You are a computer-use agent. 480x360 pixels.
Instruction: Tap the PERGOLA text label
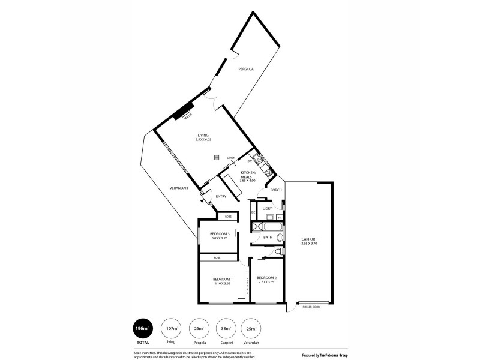point(245,69)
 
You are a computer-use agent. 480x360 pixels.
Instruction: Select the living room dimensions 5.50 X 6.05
point(203,140)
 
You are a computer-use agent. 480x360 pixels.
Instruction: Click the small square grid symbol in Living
point(215,158)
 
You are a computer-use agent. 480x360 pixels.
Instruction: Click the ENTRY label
point(221,197)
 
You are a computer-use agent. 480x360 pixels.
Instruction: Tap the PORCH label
point(276,190)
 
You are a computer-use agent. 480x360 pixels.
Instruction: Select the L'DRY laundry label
point(268,208)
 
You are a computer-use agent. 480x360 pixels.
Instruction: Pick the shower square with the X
point(256,227)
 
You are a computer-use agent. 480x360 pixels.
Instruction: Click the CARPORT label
point(309,239)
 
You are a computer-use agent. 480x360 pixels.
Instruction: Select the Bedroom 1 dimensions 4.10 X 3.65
point(223,283)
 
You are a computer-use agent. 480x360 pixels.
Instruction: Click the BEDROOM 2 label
point(266,278)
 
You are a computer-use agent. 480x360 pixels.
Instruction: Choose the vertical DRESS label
point(246,284)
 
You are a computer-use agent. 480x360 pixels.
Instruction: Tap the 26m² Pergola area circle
point(197,329)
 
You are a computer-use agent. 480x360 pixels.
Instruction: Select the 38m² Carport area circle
point(224,329)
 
